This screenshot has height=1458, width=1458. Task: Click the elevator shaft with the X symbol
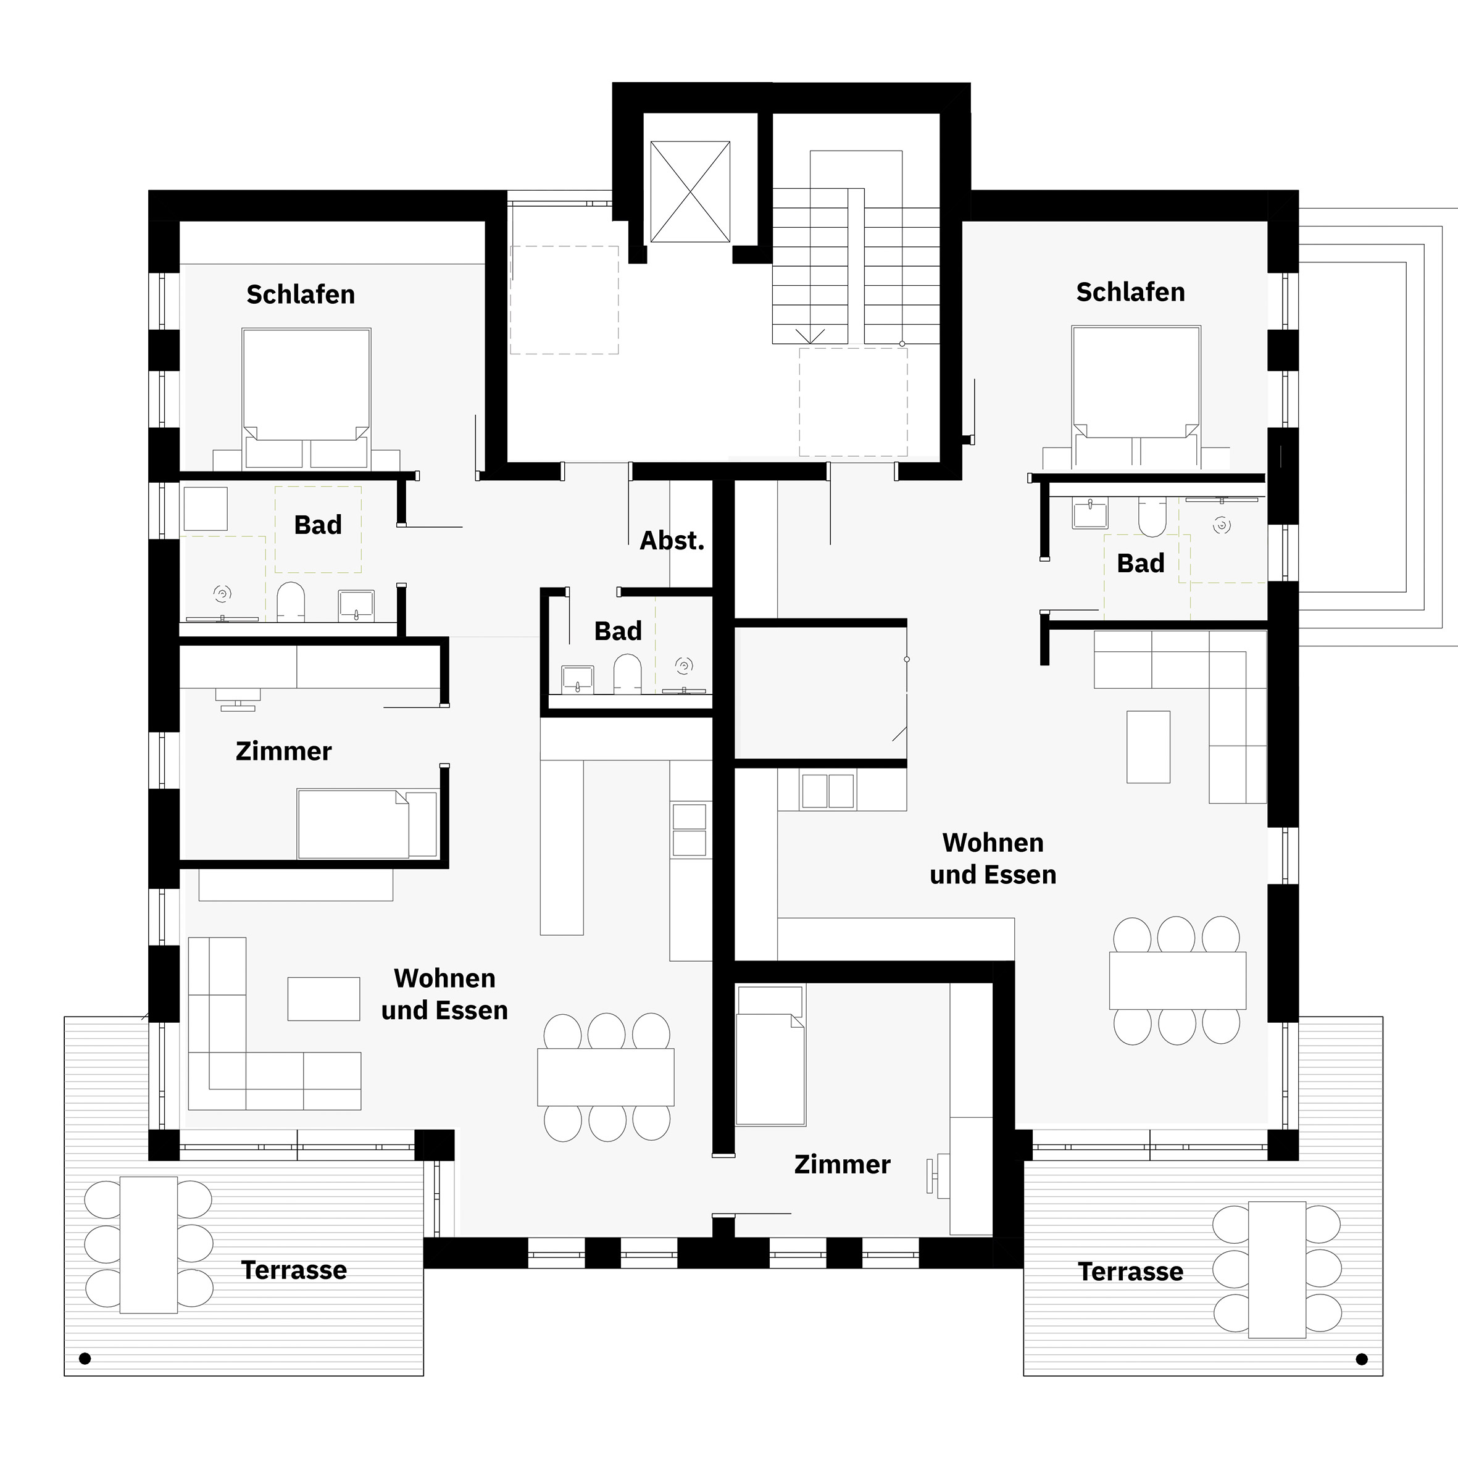[689, 192]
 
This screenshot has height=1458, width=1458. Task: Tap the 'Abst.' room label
[672, 540]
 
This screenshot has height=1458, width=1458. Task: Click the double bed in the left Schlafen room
[306, 399]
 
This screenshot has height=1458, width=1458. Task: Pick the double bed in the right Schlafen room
[1136, 397]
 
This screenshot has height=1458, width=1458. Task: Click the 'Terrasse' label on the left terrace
[294, 1270]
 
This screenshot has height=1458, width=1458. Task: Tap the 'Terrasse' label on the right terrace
[1130, 1272]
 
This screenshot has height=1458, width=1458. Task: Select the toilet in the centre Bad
[627, 673]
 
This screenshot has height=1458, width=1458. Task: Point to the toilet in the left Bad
[291, 601]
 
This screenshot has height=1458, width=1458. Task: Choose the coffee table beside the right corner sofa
[1149, 746]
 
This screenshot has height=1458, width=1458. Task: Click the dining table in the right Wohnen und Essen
[1177, 980]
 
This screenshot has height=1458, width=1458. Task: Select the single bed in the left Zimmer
[367, 824]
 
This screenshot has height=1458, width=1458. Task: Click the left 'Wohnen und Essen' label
[444, 994]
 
